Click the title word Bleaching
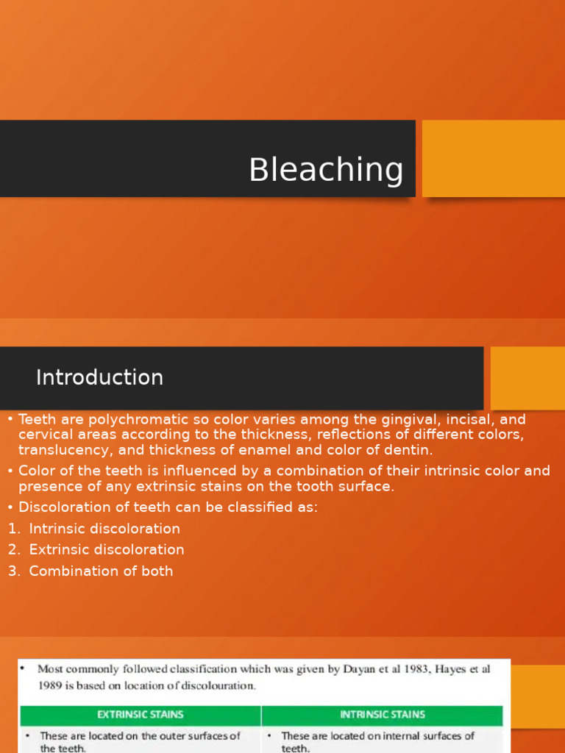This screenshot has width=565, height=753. tap(326, 171)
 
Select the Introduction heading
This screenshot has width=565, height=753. tap(99, 377)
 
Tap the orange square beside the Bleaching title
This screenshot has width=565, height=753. tap(493, 158)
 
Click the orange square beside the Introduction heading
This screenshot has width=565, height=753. tap(527, 378)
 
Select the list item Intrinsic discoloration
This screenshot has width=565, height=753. tap(104, 529)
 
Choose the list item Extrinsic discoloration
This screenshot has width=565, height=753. tap(107, 549)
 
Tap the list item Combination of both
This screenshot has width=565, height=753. tap(101, 571)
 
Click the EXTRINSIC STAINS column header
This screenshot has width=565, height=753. tap(141, 714)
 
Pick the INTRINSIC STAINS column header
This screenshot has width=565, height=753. tap(382, 714)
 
